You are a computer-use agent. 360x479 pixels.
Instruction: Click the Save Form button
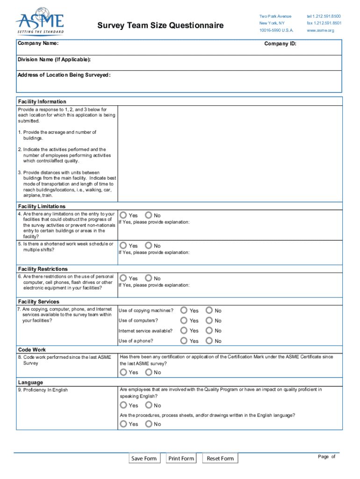144,458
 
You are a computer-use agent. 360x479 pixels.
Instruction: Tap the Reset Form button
220,458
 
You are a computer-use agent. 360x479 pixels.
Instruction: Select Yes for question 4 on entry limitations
123,215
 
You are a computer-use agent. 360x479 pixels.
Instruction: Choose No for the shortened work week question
149,246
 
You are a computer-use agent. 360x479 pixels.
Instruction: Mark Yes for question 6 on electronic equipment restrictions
123,278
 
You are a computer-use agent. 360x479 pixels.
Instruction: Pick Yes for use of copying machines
184,310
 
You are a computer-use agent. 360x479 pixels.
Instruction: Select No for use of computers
209,320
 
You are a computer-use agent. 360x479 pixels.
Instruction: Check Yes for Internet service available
184,331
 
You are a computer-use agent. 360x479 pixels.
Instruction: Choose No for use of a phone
209,341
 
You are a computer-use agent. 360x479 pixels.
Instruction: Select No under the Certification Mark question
149,372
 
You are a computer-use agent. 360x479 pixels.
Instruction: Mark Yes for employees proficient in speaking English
123,405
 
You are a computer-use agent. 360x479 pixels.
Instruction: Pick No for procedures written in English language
149,424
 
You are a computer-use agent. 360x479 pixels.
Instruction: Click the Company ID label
280,44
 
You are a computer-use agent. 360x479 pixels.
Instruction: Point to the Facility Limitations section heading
42,206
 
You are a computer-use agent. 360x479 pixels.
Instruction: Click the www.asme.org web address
320,30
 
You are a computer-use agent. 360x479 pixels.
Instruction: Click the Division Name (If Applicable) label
54,60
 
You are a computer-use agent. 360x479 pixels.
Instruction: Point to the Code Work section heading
32,349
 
